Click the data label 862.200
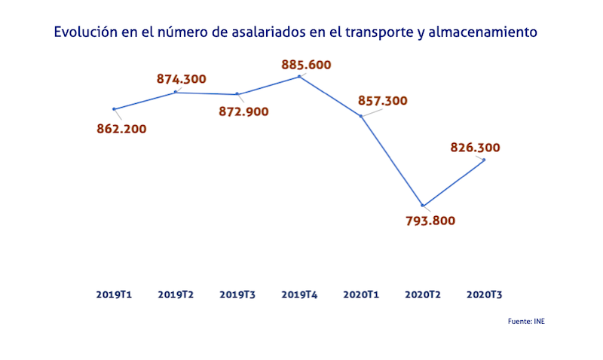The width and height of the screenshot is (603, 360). tap(121, 128)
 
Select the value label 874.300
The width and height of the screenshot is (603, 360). tap(181, 78)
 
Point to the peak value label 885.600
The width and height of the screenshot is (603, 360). tap(306, 65)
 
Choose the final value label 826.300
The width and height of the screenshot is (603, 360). tap(475, 148)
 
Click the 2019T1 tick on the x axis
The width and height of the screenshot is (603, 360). tap(115, 294)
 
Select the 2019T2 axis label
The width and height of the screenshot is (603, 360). tap(176, 294)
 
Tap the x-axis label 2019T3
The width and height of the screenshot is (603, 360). tap(237, 294)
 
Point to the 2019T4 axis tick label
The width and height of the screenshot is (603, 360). tap(299, 294)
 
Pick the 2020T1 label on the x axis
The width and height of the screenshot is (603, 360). tap(361, 294)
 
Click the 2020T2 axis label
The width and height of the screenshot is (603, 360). tap(423, 294)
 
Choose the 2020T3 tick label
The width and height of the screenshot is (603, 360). tap(485, 294)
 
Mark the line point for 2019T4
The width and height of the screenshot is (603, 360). tap(299, 76)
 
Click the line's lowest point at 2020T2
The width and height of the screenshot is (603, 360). tap(423, 206)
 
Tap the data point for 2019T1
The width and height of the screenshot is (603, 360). tap(114, 109)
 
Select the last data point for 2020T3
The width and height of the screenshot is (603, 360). tap(484, 160)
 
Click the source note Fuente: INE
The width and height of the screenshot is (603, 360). tap(526, 322)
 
